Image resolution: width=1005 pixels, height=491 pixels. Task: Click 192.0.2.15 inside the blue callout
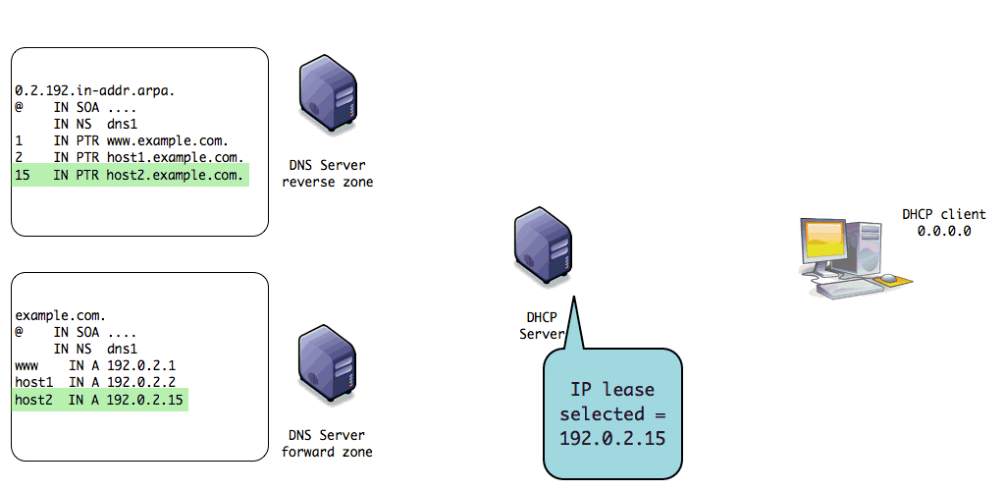612,437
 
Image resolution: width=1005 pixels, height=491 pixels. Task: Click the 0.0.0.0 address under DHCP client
943,232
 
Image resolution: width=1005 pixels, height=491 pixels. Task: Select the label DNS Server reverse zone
327,173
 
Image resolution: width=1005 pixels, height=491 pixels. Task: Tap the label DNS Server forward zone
327,443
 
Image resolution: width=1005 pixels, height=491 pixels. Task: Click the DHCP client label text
943,214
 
